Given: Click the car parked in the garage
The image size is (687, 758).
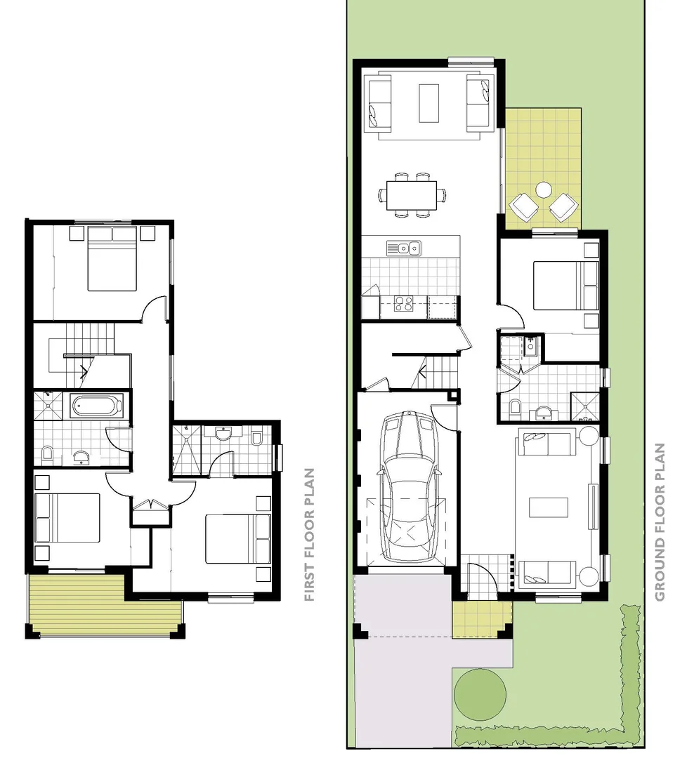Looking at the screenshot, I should tap(409, 487).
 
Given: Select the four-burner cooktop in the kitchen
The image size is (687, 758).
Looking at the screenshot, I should tap(403, 304).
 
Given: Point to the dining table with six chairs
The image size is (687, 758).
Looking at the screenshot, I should tap(412, 194).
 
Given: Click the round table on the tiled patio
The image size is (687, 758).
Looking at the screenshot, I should tap(544, 189).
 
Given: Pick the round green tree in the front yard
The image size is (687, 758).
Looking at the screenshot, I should tap(480, 691).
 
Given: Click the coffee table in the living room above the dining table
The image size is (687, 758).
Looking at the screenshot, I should tap(429, 103).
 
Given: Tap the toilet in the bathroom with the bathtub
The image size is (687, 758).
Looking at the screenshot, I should tap(48, 453).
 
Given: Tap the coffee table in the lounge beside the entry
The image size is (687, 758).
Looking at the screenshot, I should tap(549, 507).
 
